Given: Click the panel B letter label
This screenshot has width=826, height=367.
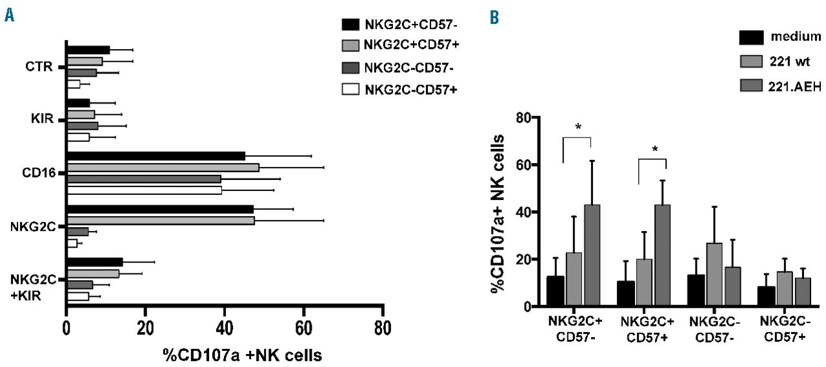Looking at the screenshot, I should (x=494, y=18).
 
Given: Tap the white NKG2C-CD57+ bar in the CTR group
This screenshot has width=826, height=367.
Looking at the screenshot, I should (x=73, y=84).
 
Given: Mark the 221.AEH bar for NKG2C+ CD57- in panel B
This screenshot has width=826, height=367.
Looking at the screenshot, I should (x=592, y=255).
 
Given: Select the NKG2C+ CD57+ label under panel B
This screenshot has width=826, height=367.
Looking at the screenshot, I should (x=651, y=328).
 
